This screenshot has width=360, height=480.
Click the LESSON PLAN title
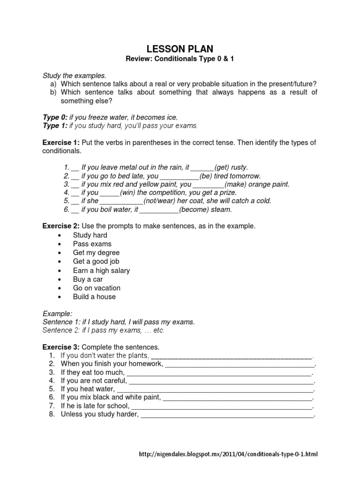tap(180, 49)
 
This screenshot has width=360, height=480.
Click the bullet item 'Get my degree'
tap(96, 253)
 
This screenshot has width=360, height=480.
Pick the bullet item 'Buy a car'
tap(88, 279)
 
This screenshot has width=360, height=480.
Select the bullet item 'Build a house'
tap(94, 297)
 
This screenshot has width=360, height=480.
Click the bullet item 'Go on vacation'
tap(97, 288)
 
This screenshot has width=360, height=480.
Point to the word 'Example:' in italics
tap(58, 313)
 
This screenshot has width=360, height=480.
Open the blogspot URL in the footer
tap(229, 454)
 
